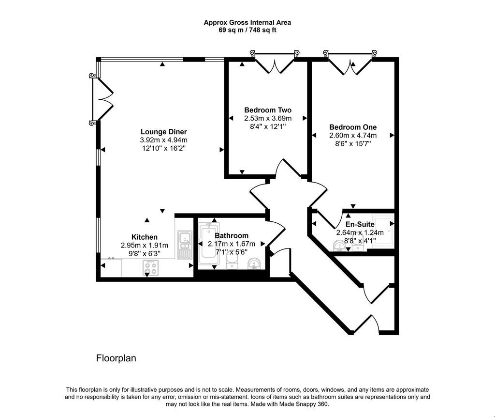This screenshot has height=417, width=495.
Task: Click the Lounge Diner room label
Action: click(163, 132)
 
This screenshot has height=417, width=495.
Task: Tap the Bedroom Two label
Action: click(268, 110)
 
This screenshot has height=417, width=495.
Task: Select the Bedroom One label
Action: click(352, 127)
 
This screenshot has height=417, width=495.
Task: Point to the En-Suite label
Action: click(360, 224)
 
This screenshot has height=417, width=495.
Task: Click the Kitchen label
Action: click(144, 237)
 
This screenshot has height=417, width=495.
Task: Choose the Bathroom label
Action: click(232, 236)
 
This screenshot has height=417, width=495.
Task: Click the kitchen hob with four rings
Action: click(151, 268)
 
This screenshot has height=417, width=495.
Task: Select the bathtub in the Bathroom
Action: click(208, 244)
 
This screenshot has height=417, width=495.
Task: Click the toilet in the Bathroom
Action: click(232, 262)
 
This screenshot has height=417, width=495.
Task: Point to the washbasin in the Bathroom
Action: click(255, 264)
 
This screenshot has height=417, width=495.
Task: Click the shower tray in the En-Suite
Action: click(383, 232)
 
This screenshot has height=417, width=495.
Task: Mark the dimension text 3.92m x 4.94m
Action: click(163, 140)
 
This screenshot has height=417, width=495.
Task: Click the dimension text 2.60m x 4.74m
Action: click(352, 136)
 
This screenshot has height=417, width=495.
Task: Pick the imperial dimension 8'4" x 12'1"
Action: click(268, 126)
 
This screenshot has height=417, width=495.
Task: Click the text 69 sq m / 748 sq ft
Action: click(247, 31)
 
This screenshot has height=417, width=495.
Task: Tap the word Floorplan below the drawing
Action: click(116, 358)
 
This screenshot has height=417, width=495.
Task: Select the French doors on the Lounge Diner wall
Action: click(101, 100)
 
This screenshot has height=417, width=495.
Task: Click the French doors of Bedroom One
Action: click(350, 62)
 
